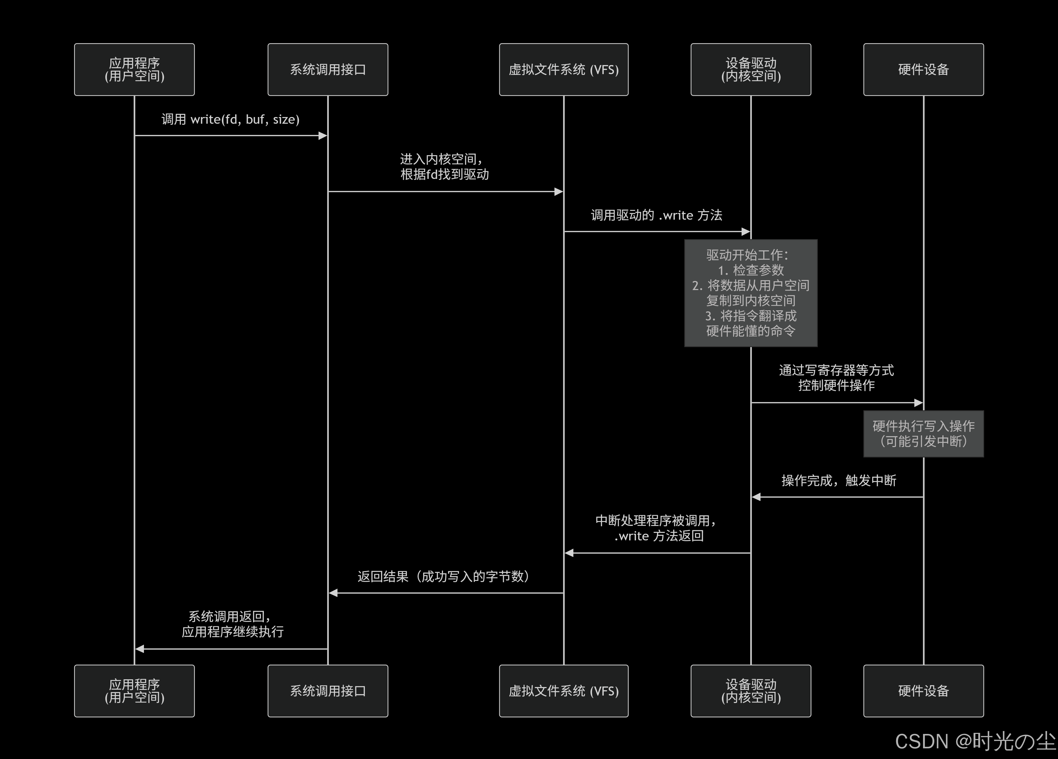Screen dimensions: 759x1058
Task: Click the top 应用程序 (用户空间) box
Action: coord(134,70)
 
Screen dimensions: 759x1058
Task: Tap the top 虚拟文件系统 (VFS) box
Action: coord(564,70)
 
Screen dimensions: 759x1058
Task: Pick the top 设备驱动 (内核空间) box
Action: coord(751,70)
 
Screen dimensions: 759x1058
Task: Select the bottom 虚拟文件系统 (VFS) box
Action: coord(564,691)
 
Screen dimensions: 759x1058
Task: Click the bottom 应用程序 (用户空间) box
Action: coord(134,691)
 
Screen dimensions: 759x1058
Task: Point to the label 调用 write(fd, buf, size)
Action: coord(230,119)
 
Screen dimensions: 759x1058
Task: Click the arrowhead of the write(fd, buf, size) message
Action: coord(323,136)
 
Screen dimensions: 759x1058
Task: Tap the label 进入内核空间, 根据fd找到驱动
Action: coord(444,167)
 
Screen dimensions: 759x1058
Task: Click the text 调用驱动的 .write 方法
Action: coord(656,215)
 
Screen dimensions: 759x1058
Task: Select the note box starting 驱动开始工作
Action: coord(751,293)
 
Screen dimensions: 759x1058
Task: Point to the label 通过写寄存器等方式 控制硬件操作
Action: coord(836,378)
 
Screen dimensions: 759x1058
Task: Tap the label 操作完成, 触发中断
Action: coord(839,480)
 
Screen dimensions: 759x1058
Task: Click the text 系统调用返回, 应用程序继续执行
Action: coord(232,624)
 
